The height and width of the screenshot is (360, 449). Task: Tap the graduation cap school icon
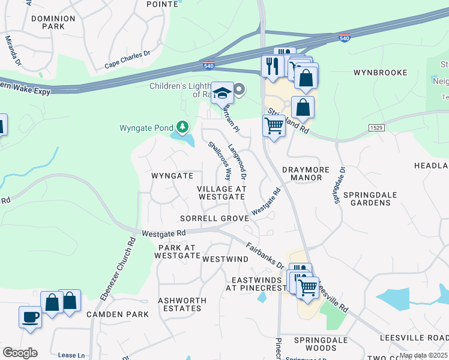[x=222, y=93]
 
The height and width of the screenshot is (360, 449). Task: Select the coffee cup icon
[x=30, y=317]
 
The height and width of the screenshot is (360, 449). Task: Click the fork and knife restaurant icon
[x=273, y=65]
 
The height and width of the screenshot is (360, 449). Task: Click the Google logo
[x=20, y=352]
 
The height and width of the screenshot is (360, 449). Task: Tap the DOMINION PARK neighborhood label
[x=53, y=23]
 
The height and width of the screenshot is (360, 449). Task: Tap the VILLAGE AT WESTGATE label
[x=222, y=193]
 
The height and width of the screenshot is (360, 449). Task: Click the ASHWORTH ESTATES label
[x=182, y=304]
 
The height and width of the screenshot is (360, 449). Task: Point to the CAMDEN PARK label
[x=117, y=314]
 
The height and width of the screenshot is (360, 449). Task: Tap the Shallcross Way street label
[x=220, y=161]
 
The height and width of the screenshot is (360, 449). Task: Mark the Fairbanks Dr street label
[x=265, y=254]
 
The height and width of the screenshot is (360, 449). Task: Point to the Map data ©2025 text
[x=423, y=356]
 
